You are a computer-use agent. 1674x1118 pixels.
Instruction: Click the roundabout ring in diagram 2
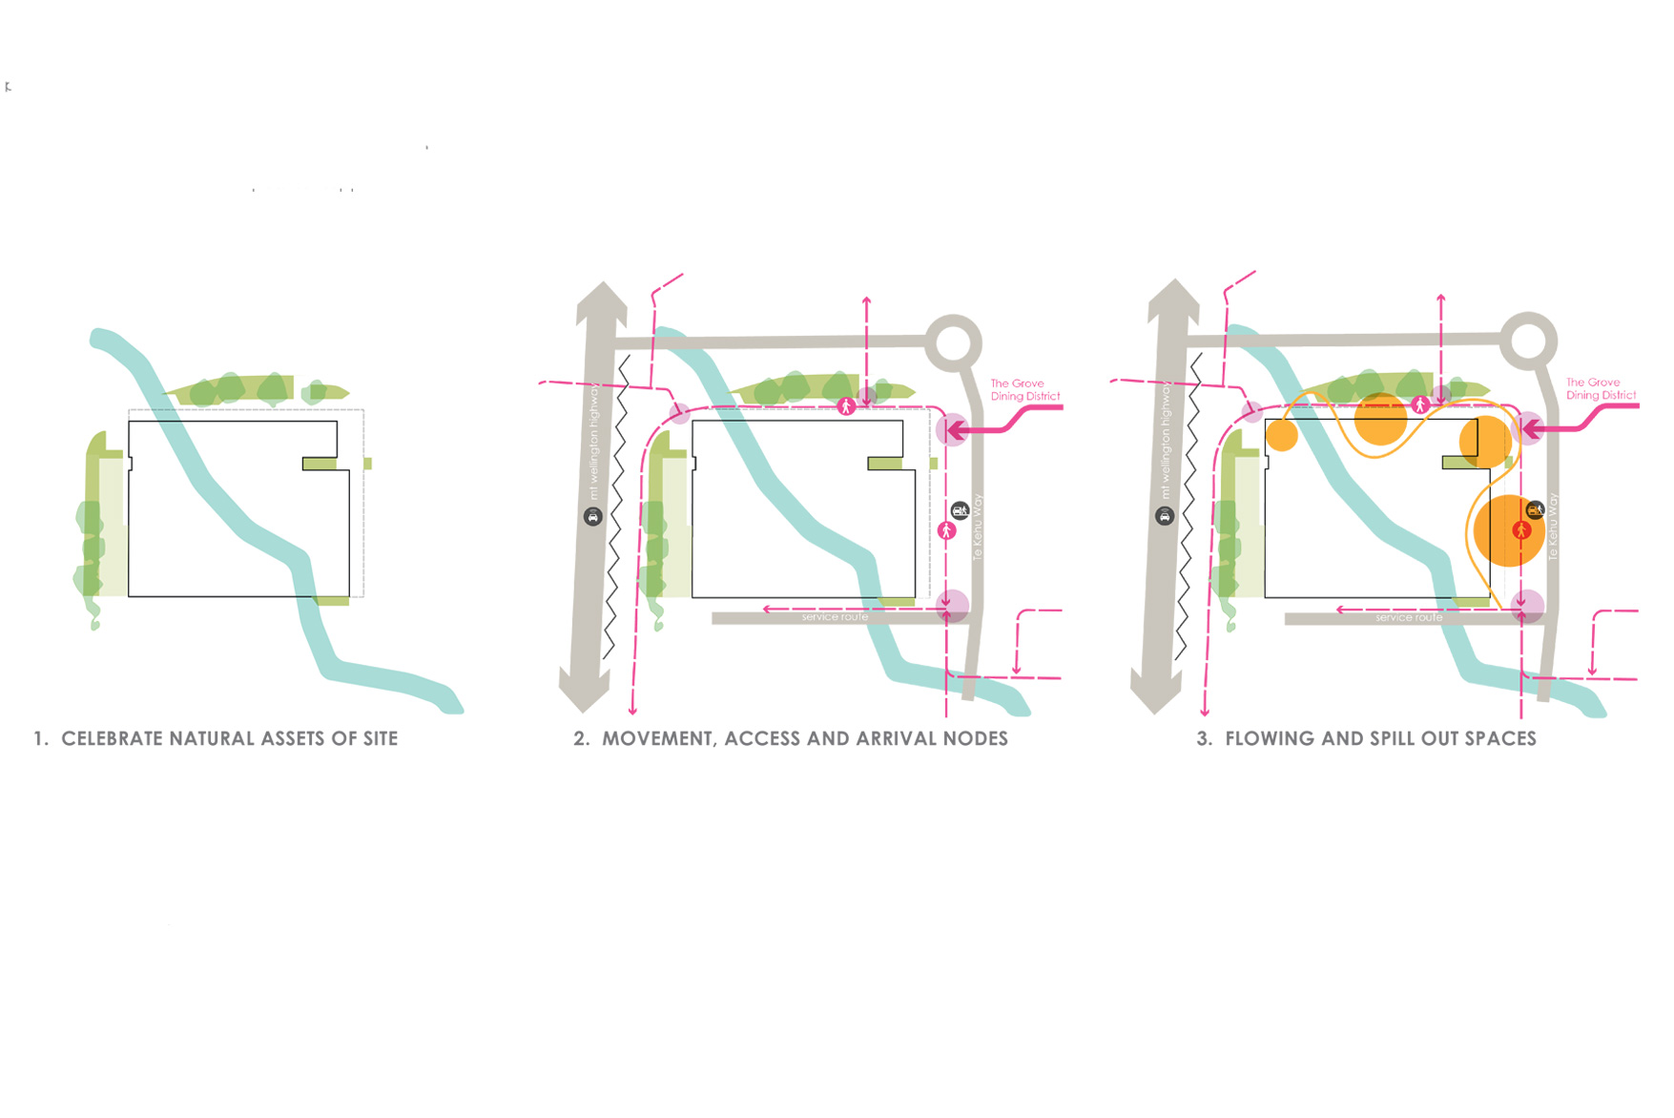tap(953, 342)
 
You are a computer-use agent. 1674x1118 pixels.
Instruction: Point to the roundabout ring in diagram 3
tap(1528, 341)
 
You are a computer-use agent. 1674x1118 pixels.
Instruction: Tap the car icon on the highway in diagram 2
tap(592, 517)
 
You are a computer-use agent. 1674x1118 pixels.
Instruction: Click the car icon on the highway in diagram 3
tap(1164, 516)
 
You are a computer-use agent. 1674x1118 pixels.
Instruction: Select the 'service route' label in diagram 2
tap(835, 618)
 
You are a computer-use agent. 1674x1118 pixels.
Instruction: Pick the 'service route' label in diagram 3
tap(1409, 618)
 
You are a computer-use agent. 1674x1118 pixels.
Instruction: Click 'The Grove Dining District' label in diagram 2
tap(1023, 390)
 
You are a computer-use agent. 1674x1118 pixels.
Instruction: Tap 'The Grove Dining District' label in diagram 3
tap(1600, 388)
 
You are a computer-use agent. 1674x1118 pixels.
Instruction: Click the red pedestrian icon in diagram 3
tap(1521, 529)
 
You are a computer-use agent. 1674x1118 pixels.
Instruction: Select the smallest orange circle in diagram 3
tap(1282, 436)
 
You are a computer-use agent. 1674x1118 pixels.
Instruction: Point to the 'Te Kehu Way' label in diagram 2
tap(977, 527)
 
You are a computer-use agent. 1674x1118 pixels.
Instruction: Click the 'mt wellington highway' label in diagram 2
tap(594, 442)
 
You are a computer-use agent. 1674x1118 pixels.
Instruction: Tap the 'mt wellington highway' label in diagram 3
tap(1166, 441)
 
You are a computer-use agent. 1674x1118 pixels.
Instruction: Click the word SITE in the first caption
tap(380, 738)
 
